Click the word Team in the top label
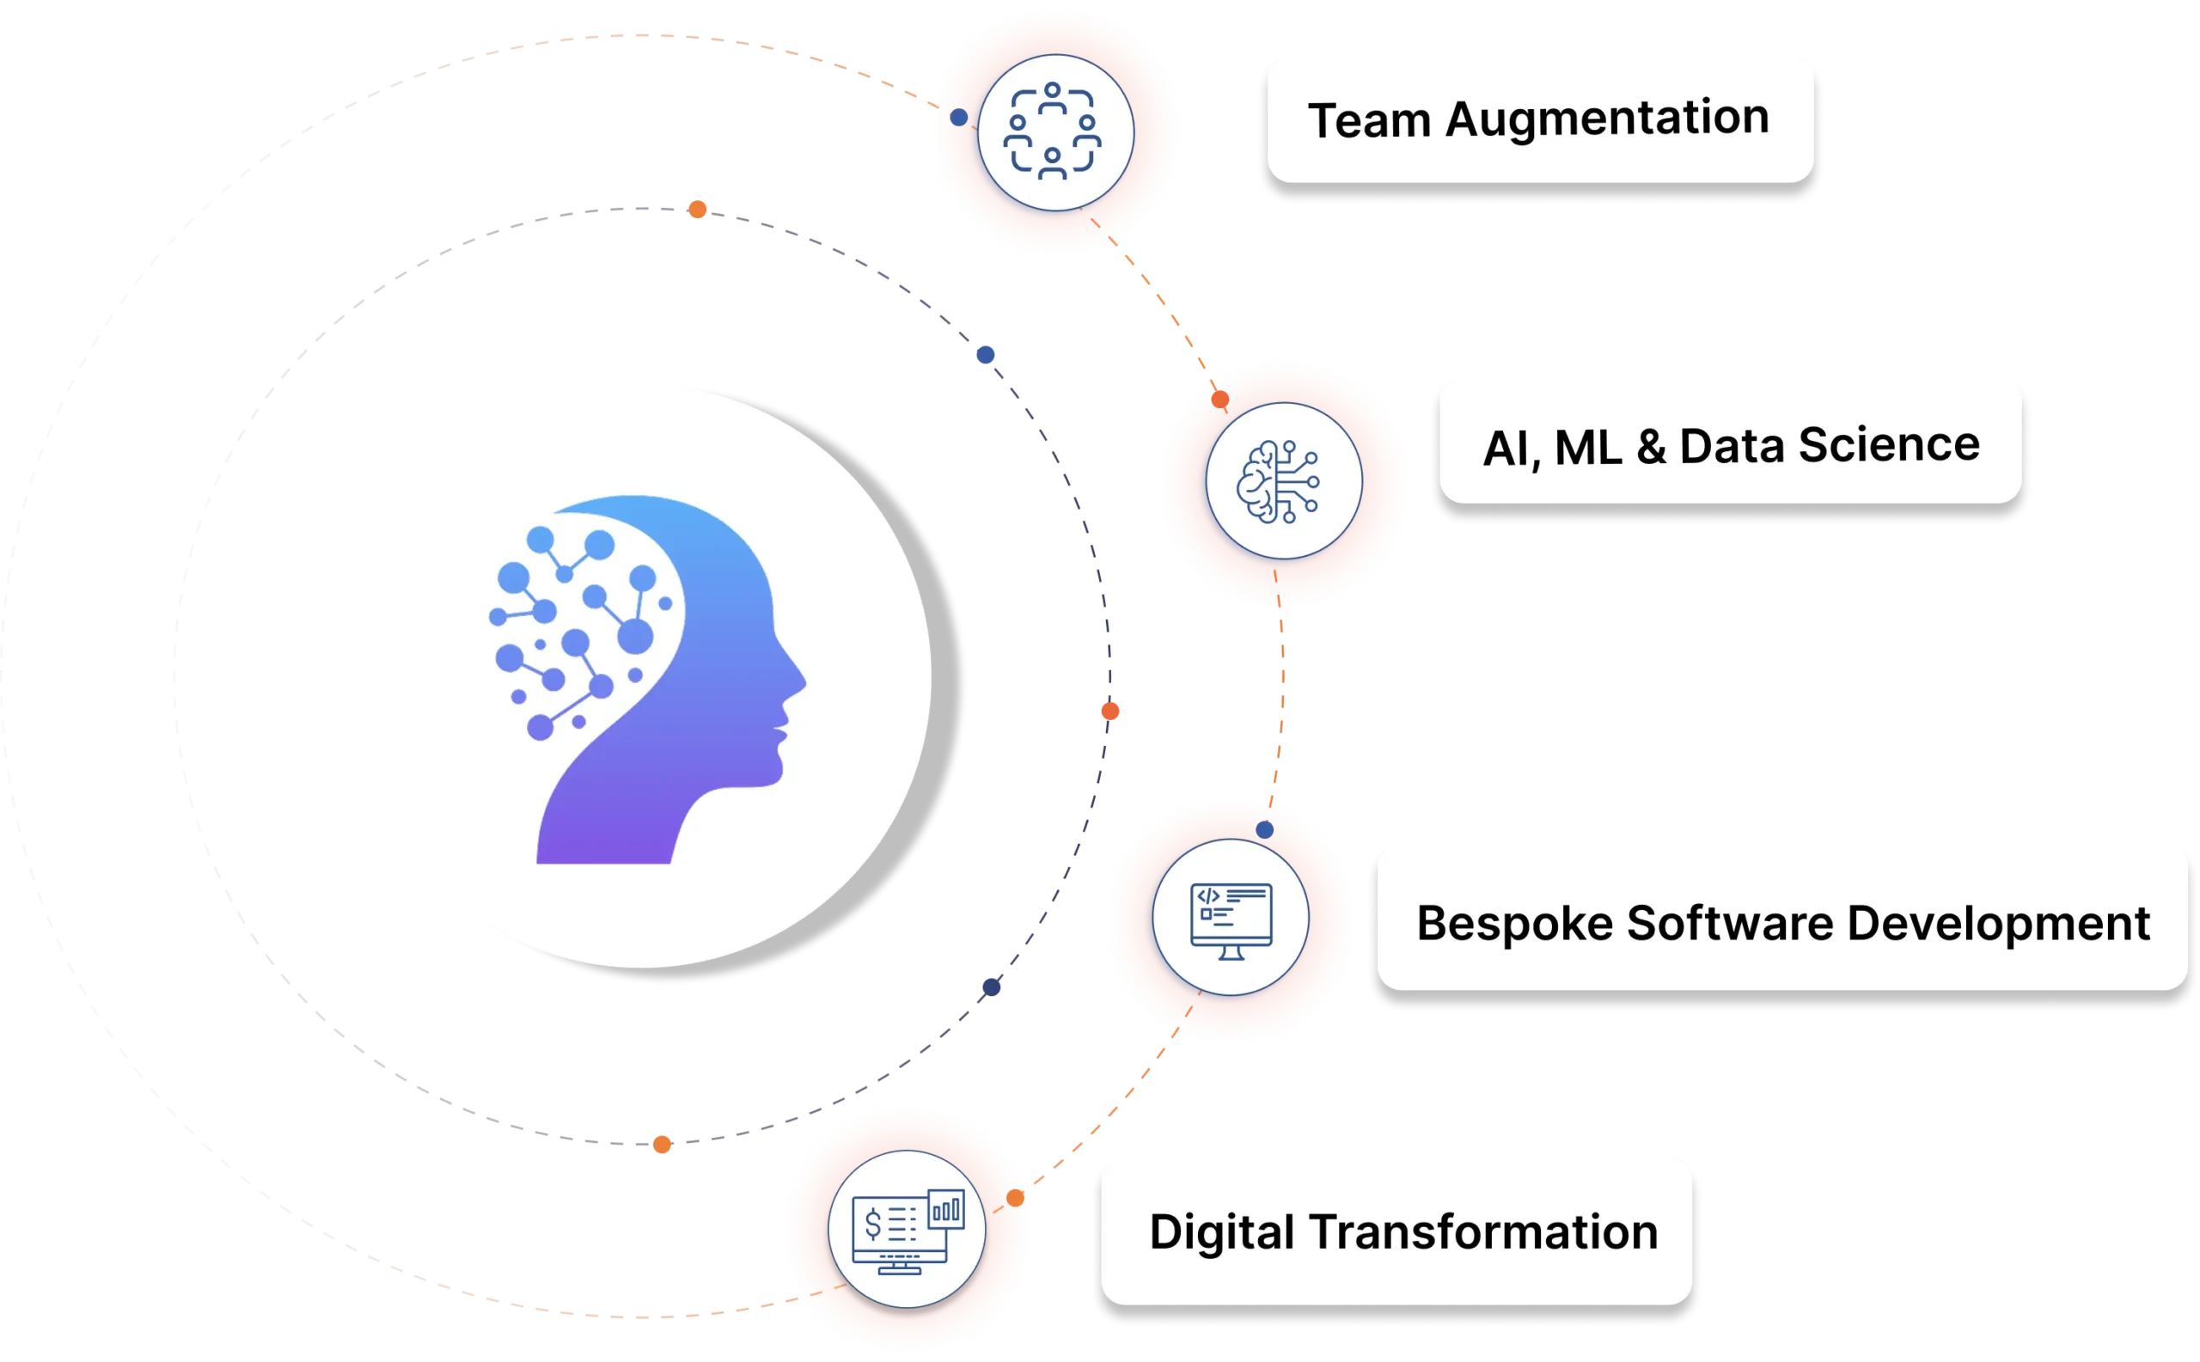(1368, 119)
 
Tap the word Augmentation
(1607, 118)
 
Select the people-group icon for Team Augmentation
(1053, 131)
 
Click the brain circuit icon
(1280, 481)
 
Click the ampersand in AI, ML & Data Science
(1651, 447)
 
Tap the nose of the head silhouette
(800, 680)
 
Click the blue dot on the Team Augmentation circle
(958, 117)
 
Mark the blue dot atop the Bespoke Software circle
(1265, 828)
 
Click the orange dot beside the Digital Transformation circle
(1015, 1198)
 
